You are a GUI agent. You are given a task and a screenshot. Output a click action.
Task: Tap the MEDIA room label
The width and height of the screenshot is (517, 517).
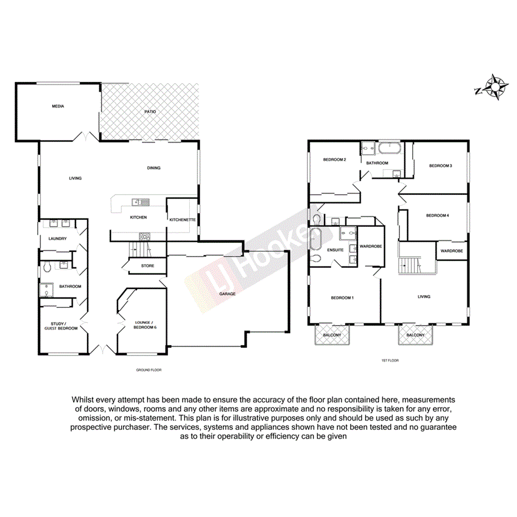(x=58, y=106)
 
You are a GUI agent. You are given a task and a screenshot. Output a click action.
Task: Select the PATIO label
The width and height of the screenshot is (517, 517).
(x=150, y=111)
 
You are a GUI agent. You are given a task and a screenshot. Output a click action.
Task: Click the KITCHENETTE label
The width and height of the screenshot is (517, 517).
(x=183, y=220)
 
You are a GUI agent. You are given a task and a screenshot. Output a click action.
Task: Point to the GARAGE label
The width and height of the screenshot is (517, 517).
(x=227, y=293)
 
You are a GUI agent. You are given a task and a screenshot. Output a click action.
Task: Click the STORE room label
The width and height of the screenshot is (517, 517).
(x=148, y=266)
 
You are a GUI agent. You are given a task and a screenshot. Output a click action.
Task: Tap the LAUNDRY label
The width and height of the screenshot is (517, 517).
(x=58, y=239)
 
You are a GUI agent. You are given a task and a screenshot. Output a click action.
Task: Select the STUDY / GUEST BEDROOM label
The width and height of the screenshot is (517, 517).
(x=61, y=326)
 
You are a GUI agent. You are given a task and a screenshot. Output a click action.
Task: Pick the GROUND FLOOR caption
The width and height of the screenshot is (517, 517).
(x=148, y=370)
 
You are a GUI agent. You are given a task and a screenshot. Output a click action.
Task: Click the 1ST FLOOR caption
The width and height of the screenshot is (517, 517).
(x=390, y=361)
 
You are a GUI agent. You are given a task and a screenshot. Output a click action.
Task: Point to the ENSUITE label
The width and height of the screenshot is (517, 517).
(x=336, y=250)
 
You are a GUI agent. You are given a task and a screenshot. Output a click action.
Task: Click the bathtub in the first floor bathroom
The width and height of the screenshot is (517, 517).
(x=392, y=148)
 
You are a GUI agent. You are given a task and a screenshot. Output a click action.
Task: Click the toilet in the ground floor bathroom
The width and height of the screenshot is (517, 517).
(x=48, y=267)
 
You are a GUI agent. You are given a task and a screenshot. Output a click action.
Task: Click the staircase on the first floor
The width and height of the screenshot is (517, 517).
(x=412, y=265)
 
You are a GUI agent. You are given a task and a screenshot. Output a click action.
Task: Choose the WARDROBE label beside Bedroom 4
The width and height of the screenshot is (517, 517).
(x=452, y=251)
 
